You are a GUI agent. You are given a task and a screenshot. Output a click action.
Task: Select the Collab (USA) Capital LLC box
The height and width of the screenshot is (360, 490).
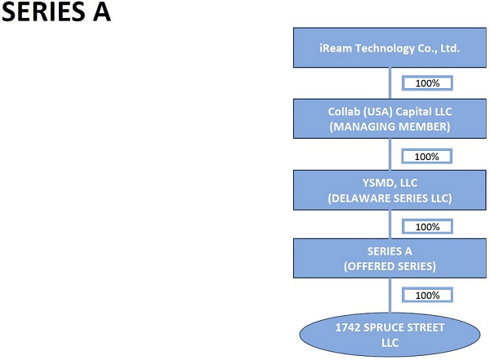(x=390, y=118)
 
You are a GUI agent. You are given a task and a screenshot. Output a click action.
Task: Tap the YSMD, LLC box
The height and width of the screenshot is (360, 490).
(x=390, y=189)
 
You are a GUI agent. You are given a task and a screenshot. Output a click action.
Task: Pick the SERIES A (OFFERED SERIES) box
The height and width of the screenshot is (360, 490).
(x=390, y=258)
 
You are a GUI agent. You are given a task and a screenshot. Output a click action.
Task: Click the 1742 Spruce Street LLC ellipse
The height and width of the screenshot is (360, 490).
(x=390, y=335)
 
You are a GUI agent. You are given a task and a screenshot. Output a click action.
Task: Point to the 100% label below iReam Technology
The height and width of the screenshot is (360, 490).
(x=428, y=83)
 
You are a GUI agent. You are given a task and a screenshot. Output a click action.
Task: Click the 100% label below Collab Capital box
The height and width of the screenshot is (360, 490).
(x=427, y=156)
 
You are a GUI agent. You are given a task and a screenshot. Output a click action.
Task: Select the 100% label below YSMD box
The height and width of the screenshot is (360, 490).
(x=428, y=226)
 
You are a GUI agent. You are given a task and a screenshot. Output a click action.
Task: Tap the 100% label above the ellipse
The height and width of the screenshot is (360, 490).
(x=428, y=295)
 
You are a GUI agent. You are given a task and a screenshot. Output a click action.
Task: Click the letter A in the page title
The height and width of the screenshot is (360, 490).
(x=101, y=15)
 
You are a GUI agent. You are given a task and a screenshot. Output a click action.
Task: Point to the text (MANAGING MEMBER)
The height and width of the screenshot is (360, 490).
(x=390, y=127)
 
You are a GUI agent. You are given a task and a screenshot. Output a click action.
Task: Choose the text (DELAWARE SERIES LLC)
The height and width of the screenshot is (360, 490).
(x=390, y=198)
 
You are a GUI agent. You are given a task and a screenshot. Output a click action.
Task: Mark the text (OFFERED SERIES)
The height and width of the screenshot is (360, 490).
(x=390, y=265)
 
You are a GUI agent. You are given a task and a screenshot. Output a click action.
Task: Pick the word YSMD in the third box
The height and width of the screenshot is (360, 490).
(x=372, y=183)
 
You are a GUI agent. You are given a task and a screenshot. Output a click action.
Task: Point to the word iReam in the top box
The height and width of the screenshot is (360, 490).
(x=335, y=48)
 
